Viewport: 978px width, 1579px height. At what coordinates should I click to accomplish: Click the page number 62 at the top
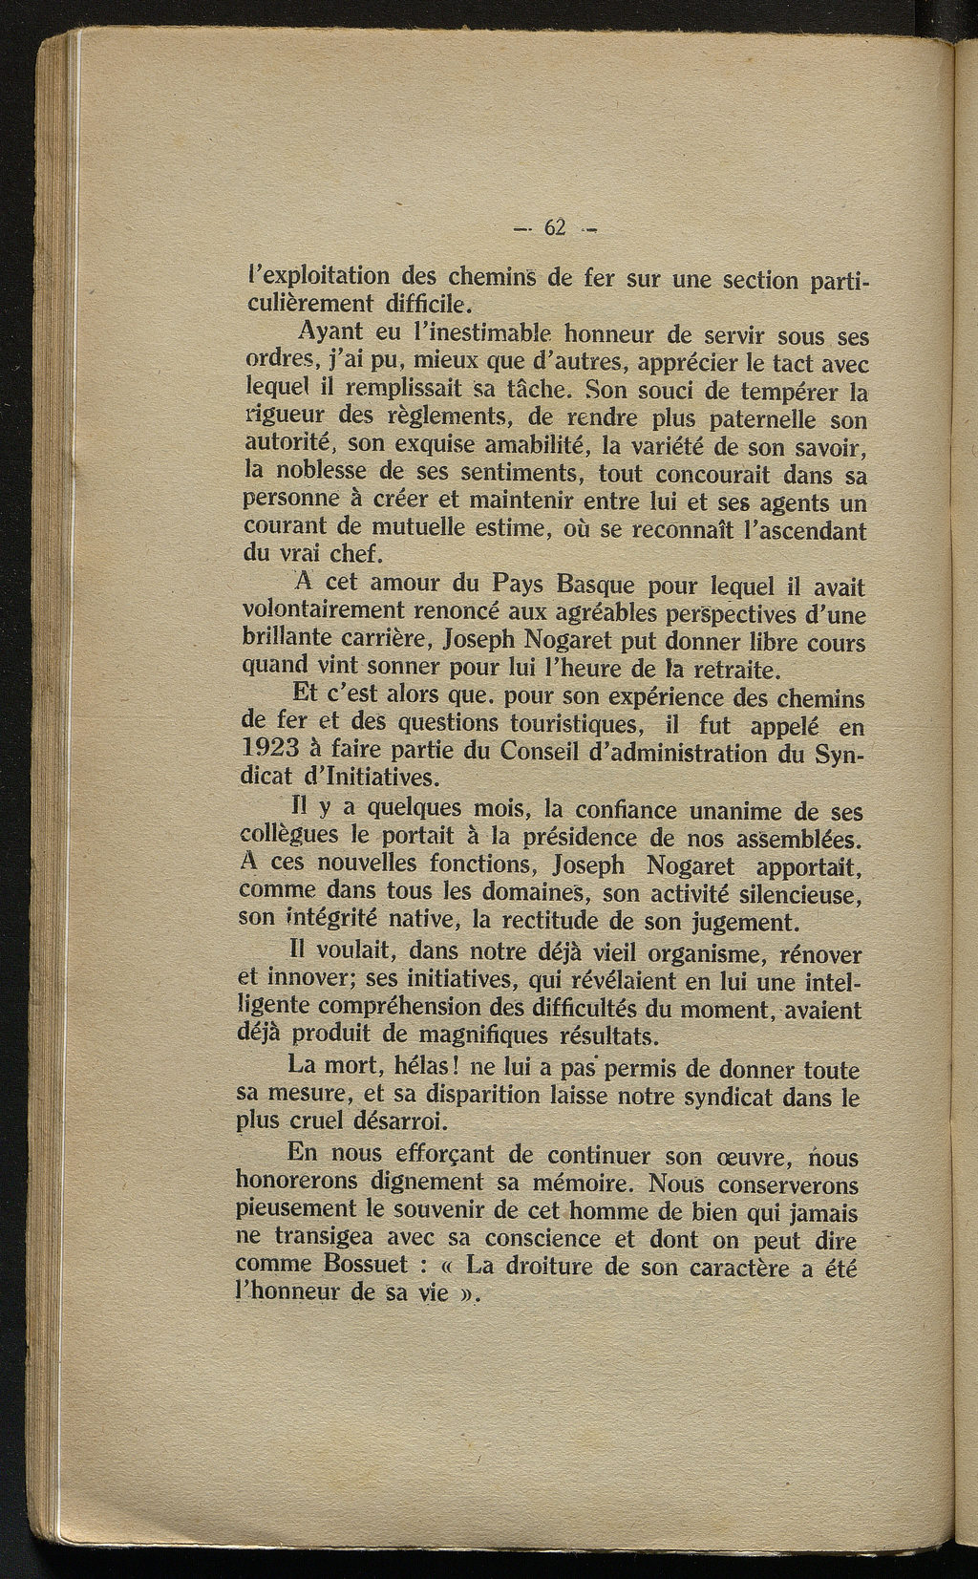point(555,227)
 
